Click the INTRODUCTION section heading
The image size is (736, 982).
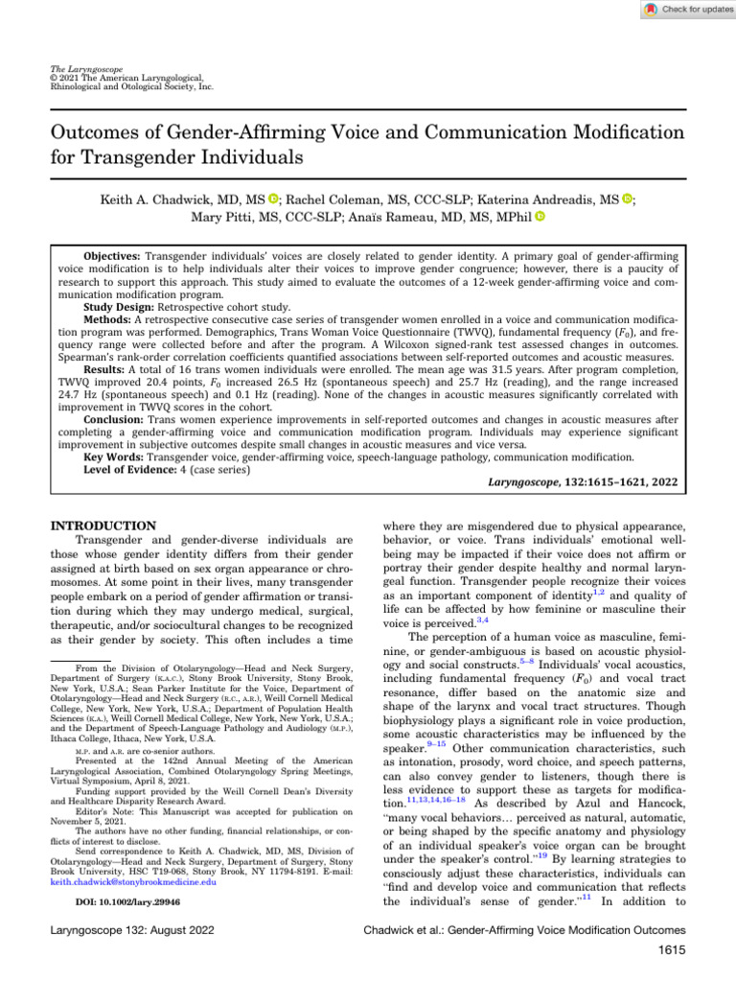[102, 526]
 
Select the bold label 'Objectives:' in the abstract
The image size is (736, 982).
[107, 258]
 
